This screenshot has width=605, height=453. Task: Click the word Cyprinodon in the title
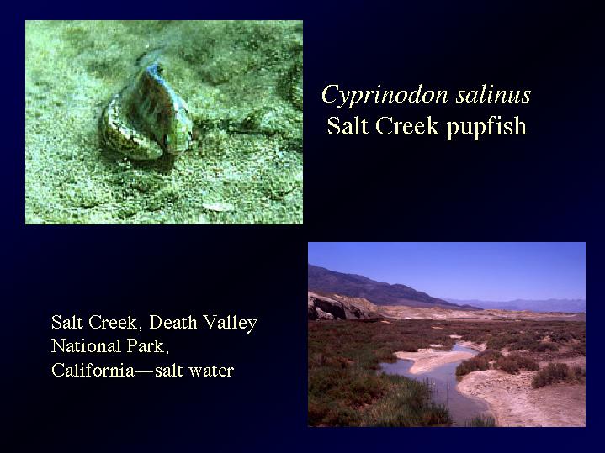point(385,95)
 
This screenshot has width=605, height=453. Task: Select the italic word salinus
point(493,94)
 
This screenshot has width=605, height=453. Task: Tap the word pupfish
point(486,127)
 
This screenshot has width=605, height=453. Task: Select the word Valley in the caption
point(231,323)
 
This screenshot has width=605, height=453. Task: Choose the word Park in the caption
point(148,346)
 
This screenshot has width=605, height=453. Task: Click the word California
point(93,370)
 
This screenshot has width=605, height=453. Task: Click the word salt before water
point(169,370)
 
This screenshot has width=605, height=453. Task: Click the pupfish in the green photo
point(146,113)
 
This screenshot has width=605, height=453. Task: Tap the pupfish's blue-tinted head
point(156,71)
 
